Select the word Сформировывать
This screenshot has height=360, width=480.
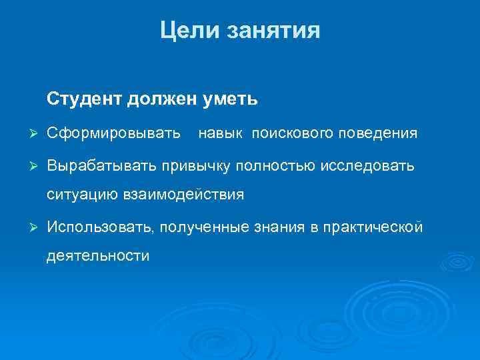click(114, 134)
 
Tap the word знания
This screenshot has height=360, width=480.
click(278, 228)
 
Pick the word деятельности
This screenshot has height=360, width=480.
click(98, 256)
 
